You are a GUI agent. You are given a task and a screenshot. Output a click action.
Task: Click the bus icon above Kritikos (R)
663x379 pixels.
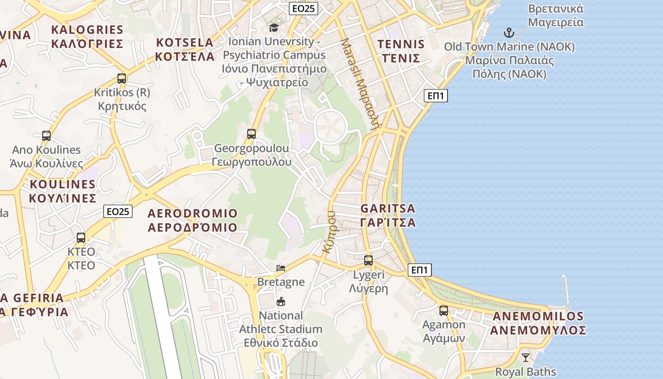pos(122,79)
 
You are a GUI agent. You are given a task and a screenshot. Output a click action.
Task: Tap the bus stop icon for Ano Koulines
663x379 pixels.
pos(46,136)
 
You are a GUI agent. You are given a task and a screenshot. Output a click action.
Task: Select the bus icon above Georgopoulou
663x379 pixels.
pos(251,134)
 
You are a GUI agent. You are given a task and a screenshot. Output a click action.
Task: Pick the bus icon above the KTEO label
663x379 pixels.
pos(81,238)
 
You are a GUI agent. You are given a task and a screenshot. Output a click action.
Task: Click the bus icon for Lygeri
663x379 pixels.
pos(368,260)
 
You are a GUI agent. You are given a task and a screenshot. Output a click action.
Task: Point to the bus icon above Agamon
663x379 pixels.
pos(444,311)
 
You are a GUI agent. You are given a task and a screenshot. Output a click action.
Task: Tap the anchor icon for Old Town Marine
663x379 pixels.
pos(509,33)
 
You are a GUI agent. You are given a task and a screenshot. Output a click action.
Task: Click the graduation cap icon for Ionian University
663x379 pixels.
pos(274,27)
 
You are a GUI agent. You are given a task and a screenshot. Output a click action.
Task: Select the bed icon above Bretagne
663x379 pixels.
pos(281,268)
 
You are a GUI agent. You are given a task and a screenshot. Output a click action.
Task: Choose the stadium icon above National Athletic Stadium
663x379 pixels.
pos(281,301)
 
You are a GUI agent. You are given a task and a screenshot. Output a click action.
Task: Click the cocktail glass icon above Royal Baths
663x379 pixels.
pos(525,357)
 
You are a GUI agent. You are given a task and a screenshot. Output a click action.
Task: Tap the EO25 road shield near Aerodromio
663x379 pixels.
pos(118,211)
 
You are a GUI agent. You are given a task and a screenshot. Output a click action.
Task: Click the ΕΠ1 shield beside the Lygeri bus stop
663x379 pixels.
pos(420,270)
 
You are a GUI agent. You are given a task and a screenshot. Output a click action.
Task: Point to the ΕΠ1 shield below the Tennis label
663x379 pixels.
pos(436,96)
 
